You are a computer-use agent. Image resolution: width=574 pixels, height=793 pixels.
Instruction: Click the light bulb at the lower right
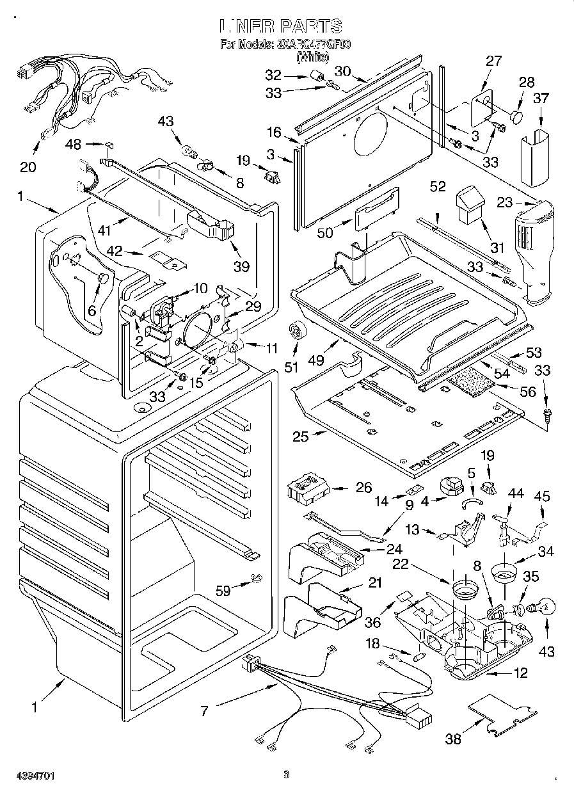(x=542, y=605)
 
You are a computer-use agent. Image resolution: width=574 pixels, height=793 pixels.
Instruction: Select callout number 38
(x=453, y=739)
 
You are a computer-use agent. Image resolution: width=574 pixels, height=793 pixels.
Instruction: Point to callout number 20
(x=28, y=167)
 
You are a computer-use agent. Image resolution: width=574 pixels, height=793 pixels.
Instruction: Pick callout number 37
(x=541, y=98)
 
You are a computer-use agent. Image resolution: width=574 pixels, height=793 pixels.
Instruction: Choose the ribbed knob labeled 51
(x=297, y=331)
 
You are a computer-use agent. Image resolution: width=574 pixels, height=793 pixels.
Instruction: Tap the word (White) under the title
(x=312, y=58)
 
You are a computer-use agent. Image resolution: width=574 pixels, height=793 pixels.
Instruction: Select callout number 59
(x=223, y=591)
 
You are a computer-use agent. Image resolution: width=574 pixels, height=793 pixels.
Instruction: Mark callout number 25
(x=300, y=437)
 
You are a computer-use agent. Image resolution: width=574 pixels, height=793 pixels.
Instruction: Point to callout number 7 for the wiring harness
(x=204, y=710)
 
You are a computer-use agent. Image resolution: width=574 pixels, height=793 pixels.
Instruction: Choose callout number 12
(x=521, y=673)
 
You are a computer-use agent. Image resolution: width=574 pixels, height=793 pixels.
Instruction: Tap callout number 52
(x=438, y=187)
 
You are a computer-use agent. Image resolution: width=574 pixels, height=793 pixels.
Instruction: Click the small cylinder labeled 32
(x=315, y=76)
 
